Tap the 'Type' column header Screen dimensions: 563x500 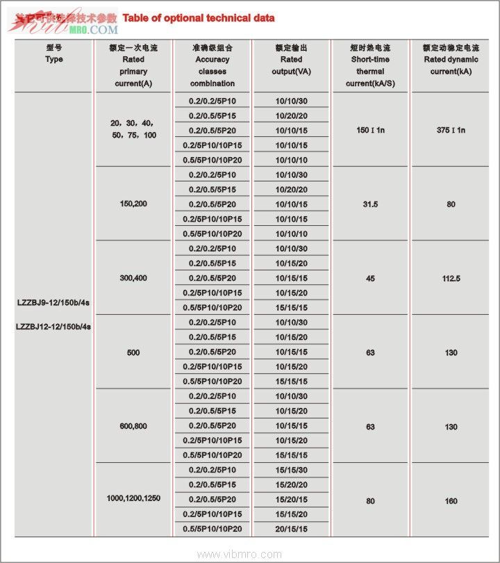point(53,59)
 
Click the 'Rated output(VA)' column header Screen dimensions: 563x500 point(292,65)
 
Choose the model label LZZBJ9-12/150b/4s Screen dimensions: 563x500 point(53,302)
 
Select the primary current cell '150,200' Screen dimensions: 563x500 point(133,204)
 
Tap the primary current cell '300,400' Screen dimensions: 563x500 point(133,278)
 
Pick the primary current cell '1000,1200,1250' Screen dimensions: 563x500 point(133,498)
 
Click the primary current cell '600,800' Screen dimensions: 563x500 point(133,426)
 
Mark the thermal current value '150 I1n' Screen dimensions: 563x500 point(371,130)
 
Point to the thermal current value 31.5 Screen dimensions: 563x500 point(371,204)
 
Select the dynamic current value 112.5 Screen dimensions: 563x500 point(451,278)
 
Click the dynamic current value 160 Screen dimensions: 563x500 point(451,500)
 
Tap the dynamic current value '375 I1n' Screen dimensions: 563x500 point(451,130)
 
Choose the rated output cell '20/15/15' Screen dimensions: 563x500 point(292,530)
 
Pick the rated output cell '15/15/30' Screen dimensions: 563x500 point(292,471)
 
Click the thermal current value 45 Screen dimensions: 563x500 point(371,278)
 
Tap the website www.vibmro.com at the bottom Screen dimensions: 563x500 point(240,554)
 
